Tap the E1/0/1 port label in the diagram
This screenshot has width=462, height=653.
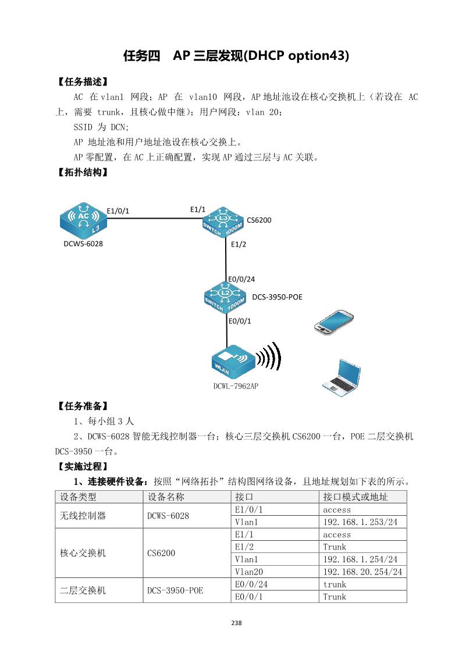(118, 210)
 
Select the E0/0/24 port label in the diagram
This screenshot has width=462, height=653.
(241, 279)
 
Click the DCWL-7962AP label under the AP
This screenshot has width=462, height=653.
(235, 386)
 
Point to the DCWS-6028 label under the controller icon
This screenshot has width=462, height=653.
(83, 244)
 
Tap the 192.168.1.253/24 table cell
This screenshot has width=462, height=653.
(360, 522)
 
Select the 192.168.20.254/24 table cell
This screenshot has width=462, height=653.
(363, 572)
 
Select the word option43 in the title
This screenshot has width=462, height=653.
(315, 56)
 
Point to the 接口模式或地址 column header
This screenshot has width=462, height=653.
(356, 497)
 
